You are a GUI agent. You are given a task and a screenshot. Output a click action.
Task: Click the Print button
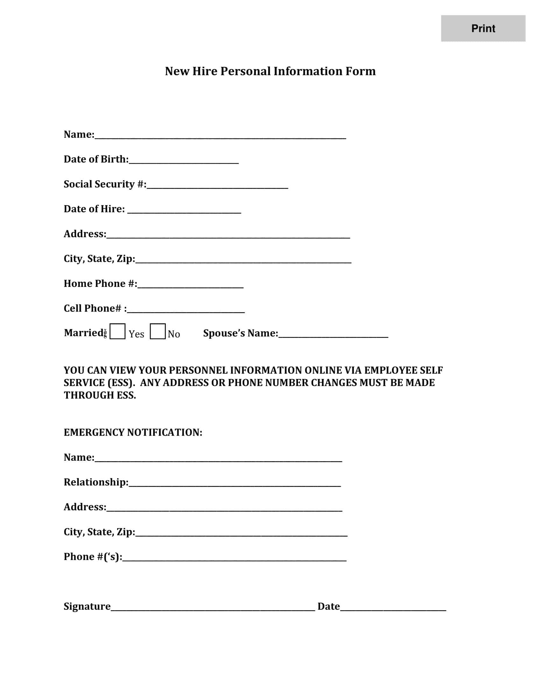(483, 29)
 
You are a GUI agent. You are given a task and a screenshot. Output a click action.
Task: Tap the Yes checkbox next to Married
(117, 331)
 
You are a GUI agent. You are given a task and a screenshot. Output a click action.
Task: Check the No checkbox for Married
(157, 331)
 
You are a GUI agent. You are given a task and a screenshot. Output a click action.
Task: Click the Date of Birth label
(96, 159)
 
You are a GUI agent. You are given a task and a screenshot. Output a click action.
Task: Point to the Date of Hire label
(94, 209)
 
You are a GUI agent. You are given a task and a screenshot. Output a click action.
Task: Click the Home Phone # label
(100, 283)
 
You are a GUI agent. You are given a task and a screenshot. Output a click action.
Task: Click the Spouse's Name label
(240, 333)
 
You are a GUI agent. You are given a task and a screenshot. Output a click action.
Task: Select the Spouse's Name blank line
(333, 336)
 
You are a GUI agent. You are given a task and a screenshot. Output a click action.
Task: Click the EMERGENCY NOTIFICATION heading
(133, 432)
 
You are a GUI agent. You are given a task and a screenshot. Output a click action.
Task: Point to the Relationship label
(96, 482)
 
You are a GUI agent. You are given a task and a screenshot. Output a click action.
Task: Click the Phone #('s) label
(93, 557)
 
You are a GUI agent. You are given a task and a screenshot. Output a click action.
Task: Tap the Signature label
(87, 606)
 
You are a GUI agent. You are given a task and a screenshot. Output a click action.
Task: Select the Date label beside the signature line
(328, 606)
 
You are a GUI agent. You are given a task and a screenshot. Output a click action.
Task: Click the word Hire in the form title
(205, 71)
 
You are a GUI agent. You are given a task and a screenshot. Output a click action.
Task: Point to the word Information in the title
(308, 71)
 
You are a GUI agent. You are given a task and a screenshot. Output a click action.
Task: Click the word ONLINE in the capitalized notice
(323, 370)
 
